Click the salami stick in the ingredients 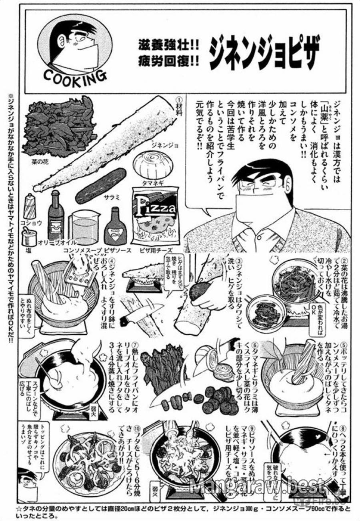[x=101, y=185]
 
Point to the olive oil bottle [x=56, y=216]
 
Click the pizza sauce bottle [x=115, y=228]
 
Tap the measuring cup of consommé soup [x=84, y=228]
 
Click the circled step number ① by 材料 [x=179, y=100]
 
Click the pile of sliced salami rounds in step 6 [x=218, y=398]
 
